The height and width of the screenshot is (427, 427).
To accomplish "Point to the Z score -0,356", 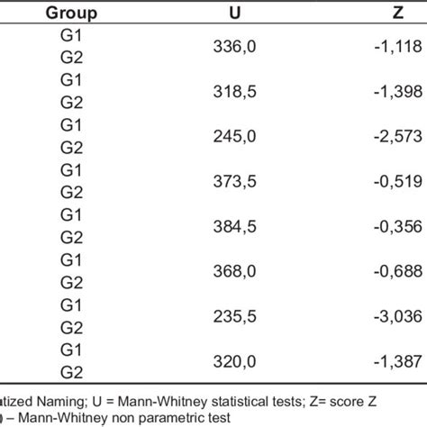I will pyautogui.click(x=393, y=226).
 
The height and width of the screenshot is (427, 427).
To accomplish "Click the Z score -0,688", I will pyautogui.click(x=393, y=269).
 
